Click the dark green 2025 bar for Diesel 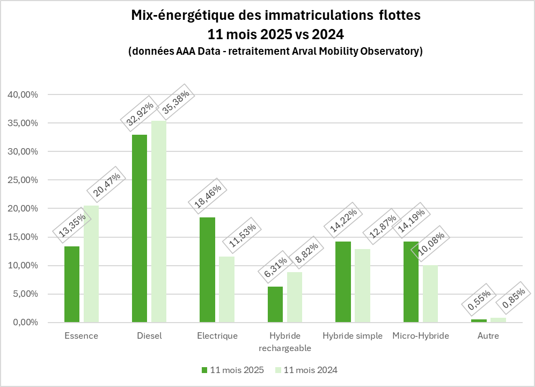click(x=140, y=228)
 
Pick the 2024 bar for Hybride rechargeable click(x=295, y=297)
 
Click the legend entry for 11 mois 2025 click(x=232, y=370)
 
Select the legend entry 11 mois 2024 click(x=306, y=370)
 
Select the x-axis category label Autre click(x=488, y=337)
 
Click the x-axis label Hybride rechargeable click(x=285, y=342)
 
